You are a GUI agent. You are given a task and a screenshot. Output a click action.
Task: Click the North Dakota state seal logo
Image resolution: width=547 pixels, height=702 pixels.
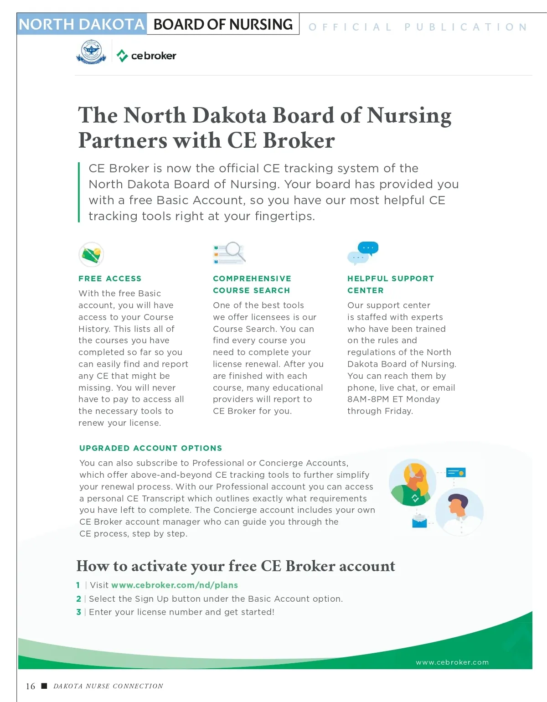pyautogui.click(x=91, y=52)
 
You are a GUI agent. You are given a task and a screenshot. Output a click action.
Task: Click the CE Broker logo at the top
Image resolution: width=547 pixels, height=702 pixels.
pyautogui.click(x=147, y=56)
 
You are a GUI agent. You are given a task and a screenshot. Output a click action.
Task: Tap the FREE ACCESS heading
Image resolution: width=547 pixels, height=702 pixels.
pyautogui.click(x=110, y=279)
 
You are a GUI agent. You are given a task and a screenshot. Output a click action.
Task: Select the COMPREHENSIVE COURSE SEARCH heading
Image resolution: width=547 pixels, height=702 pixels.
pyautogui.click(x=252, y=284)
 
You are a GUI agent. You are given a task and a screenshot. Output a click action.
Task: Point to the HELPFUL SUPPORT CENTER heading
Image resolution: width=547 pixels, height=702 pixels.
pyautogui.click(x=390, y=284)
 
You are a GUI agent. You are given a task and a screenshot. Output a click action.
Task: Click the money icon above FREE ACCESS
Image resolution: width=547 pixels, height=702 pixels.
pyautogui.click(x=91, y=254)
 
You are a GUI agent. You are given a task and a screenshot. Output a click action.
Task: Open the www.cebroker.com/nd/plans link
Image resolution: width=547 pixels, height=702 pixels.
pyautogui.click(x=174, y=585)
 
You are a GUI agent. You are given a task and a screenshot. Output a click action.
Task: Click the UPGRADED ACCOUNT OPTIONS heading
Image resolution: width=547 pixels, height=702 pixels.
pyautogui.click(x=150, y=448)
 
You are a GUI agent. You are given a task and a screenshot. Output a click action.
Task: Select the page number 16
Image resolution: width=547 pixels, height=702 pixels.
pyautogui.click(x=30, y=686)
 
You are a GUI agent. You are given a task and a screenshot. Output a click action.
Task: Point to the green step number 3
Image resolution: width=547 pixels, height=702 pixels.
pyautogui.click(x=78, y=612)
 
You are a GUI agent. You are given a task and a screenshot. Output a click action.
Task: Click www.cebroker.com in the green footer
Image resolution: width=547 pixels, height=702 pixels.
pyautogui.click(x=452, y=662)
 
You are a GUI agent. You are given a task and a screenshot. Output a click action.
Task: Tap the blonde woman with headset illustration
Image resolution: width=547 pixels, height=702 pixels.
pyautogui.click(x=412, y=482)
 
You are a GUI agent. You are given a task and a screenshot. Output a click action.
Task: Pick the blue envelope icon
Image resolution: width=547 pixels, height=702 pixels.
pyautogui.click(x=419, y=521)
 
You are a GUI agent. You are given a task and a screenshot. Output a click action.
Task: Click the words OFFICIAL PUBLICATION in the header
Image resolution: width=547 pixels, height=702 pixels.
pyautogui.click(x=418, y=27)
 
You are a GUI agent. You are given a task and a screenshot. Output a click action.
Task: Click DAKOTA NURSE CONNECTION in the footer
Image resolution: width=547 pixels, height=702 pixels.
pyautogui.click(x=108, y=686)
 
